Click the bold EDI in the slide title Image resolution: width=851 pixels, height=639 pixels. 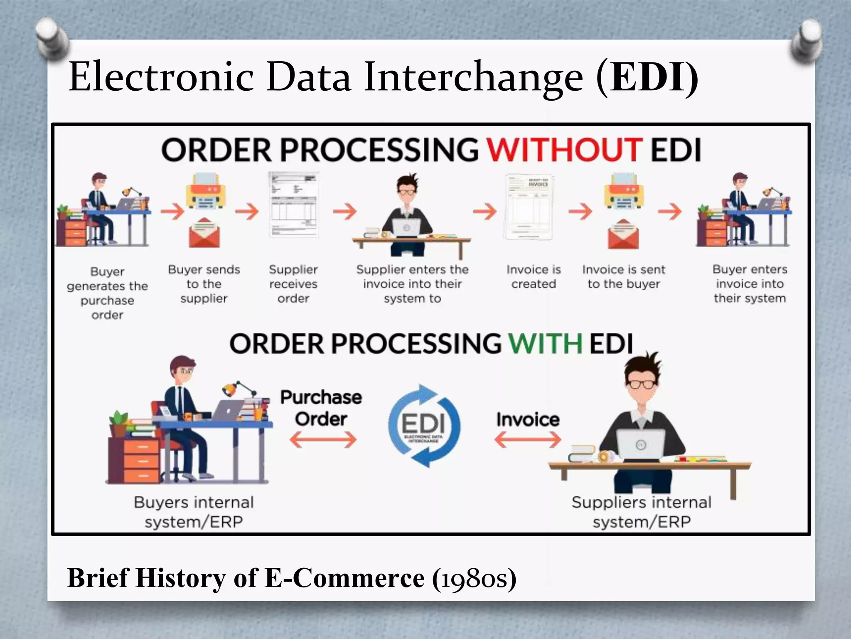pyautogui.click(x=647, y=77)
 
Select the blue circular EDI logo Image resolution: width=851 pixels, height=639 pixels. pyautogui.click(x=424, y=426)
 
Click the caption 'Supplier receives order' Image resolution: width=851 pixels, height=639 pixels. pyautogui.click(x=293, y=284)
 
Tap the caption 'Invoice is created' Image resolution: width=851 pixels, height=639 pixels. pyautogui.click(x=534, y=277)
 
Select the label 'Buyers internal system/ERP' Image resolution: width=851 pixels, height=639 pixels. pyautogui.click(x=194, y=512)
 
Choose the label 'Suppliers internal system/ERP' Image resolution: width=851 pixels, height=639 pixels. pyautogui.click(x=641, y=512)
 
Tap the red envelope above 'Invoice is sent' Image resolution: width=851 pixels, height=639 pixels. pyautogui.click(x=623, y=234)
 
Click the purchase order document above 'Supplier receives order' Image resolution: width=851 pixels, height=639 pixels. pyautogui.click(x=293, y=204)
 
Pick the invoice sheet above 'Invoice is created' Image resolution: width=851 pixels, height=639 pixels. pyautogui.click(x=529, y=207)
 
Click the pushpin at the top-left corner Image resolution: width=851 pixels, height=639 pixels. pyautogui.click(x=52, y=38)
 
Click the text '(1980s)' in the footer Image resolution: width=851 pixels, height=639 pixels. pyautogui.click(x=474, y=578)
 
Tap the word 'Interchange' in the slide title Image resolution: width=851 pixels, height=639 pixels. pyautogui.click(x=473, y=77)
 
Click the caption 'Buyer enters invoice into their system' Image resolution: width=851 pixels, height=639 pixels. pyautogui.click(x=750, y=284)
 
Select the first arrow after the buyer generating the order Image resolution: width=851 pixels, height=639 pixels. pyautogui.click(x=172, y=211)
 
